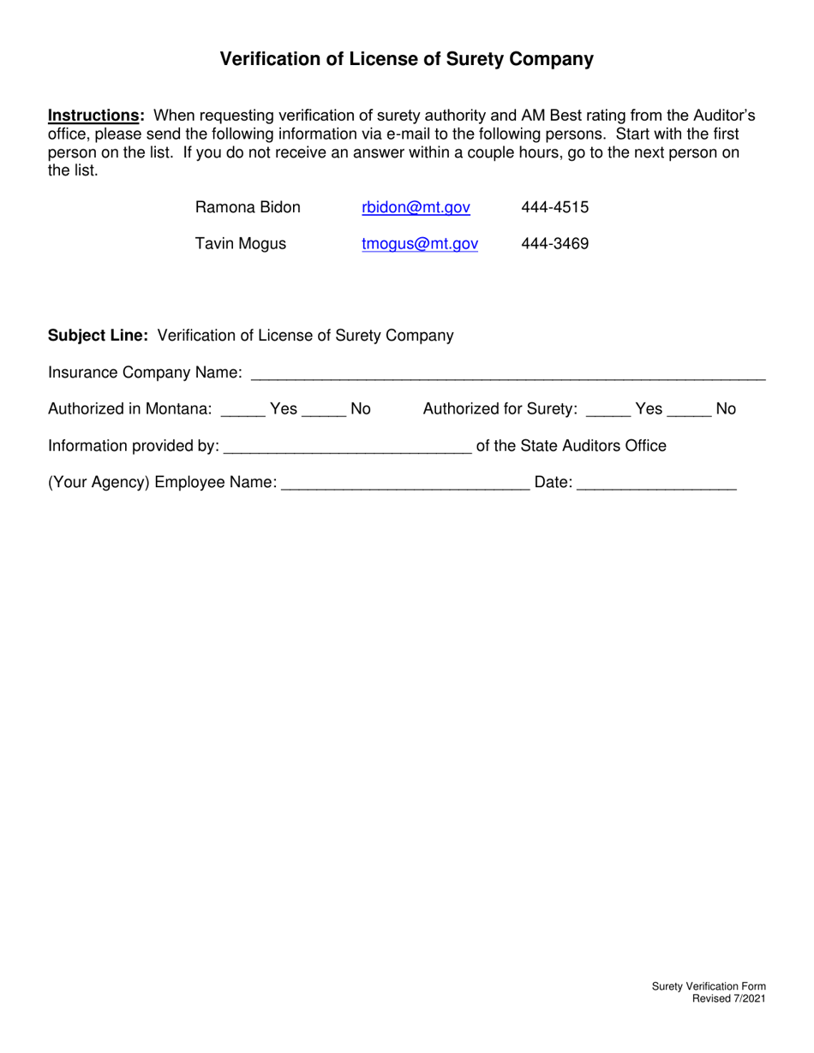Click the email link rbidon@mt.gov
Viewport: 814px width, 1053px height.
416,207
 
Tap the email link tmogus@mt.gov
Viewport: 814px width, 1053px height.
420,244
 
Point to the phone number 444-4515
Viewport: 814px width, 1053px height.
554,207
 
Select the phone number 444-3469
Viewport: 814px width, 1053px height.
554,244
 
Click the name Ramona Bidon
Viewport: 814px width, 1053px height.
248,207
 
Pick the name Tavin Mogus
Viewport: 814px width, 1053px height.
241,244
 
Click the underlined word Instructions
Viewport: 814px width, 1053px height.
94,116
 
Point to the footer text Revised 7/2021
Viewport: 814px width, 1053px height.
729,998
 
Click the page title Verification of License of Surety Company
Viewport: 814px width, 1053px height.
407,59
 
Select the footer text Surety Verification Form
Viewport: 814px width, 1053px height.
709,987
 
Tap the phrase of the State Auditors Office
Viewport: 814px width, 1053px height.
571,446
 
